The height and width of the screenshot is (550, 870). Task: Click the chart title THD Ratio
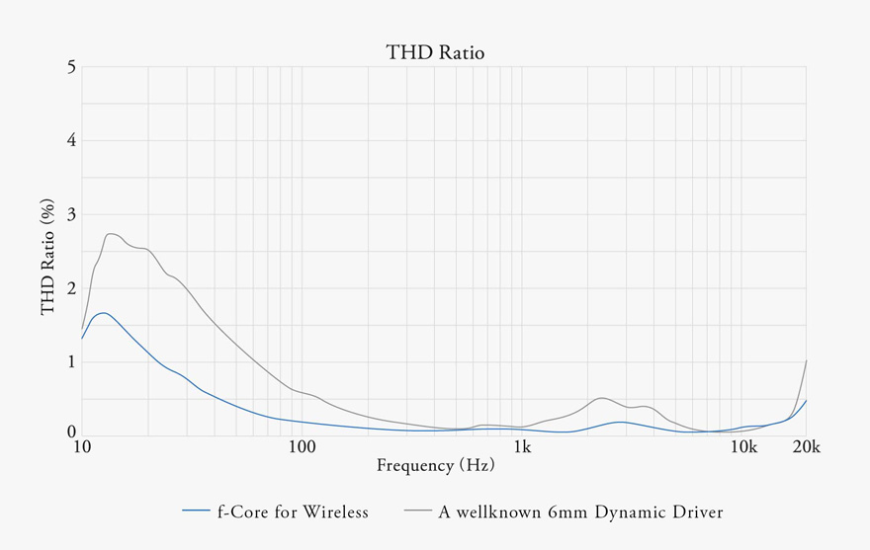point(435,52)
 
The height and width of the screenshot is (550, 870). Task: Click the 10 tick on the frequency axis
point(82,447)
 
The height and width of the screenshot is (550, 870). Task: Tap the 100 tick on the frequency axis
point(302,447)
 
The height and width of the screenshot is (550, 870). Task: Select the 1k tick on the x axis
point(522,447)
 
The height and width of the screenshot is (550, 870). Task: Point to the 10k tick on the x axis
point(743,447)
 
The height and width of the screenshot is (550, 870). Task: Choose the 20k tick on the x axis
point(807,447)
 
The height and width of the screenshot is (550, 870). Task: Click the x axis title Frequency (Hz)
point(435,464)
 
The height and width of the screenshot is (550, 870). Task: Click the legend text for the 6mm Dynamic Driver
point(580,511)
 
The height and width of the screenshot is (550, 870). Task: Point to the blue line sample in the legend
point(197,511)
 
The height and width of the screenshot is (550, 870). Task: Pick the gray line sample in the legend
point(418,511)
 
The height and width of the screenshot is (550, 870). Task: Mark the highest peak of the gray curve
point(111,234)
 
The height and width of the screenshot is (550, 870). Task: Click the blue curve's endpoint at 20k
point(807,401)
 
